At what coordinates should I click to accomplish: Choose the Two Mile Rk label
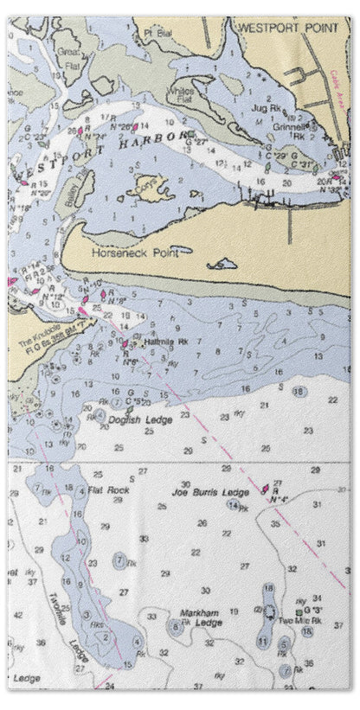[x=299, y=621]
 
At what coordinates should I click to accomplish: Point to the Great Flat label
[x=68, y=57]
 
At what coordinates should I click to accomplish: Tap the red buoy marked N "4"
[x=267, y=489]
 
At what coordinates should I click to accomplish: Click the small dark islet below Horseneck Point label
[x=224, y=263]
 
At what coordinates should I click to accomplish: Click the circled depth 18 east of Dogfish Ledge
[x=299, y=392]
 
